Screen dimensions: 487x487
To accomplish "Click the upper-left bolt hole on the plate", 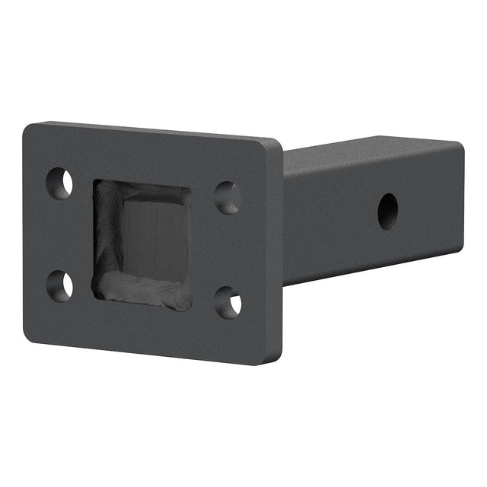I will coord(59,183).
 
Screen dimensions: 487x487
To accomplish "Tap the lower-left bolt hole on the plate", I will coord(59,285).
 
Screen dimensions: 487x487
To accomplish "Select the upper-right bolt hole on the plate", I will coord(228,198).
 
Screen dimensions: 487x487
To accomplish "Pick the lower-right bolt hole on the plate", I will coord(228,302).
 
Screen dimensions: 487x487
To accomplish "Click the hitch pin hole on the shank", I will coord(387,210).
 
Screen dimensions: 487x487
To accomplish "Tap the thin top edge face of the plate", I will coord(152,131).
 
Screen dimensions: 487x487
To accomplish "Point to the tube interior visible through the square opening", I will coord(156,232).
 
